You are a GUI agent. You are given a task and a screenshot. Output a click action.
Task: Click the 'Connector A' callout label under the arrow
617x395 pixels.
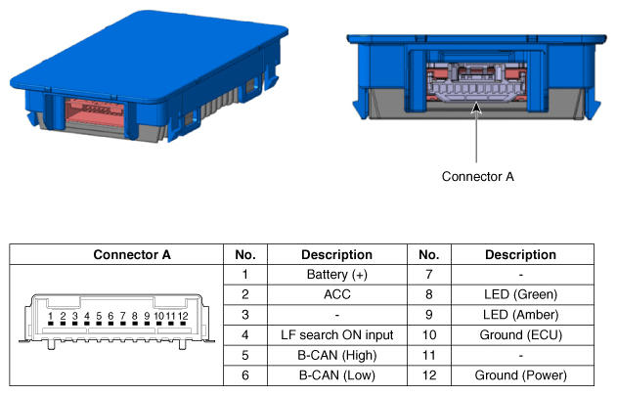pos(478,176)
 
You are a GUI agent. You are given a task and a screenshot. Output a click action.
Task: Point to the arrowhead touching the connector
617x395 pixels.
pos(476,108)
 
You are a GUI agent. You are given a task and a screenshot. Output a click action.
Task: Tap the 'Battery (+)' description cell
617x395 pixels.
pos(336,274)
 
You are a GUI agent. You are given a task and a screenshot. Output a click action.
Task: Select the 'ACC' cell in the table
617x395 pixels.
pos(336,294)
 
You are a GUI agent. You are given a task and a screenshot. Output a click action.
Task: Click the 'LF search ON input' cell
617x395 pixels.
pos(336,334)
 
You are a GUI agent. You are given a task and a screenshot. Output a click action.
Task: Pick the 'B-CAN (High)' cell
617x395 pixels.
pos(336,355)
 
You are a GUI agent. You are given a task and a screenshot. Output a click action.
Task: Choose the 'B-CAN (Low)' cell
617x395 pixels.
pos(336,375)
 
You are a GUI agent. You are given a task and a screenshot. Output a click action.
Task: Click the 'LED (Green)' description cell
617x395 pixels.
pos(520,294)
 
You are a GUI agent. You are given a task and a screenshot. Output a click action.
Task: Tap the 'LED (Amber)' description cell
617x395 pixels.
pos(520,315)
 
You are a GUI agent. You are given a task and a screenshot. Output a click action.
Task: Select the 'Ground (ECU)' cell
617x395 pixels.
pos(520,334)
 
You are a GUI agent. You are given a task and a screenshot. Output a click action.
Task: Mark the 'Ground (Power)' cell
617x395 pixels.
pos(520,375)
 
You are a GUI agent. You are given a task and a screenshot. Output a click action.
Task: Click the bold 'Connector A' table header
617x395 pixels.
pos(132,254)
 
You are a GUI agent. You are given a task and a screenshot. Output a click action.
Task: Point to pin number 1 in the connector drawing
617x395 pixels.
pos(51,316)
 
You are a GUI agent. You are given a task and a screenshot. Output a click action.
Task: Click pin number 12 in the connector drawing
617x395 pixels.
pos(183,316)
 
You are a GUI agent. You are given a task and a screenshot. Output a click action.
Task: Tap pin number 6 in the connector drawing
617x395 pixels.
pos(110,316)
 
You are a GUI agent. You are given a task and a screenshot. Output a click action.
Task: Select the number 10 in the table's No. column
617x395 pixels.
pos(429,334)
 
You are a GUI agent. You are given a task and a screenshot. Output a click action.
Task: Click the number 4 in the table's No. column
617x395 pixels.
pos(245,334)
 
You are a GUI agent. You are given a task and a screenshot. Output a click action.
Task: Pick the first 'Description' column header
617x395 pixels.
pos(336,254)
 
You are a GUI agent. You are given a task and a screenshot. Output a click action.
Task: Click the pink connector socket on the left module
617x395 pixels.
pos(95,112)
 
